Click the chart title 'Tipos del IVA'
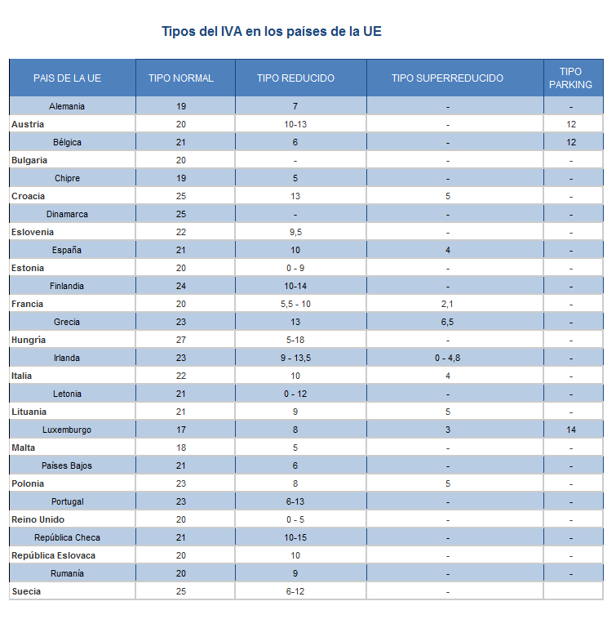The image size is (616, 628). point(271,32)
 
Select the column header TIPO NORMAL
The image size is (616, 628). point(181,78)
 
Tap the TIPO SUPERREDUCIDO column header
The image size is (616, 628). point(447,78)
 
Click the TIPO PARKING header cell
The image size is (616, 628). point(571,78)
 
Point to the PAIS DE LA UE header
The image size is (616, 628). point(67,78)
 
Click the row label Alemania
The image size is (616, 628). point(67,106)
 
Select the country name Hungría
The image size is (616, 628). point(29,340)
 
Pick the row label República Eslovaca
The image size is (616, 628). point(53,555)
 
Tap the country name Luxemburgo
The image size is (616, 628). point(67,430)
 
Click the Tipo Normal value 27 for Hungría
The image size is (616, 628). point(180,340)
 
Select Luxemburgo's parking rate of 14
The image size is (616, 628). point(571,430)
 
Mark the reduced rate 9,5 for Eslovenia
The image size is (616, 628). point(295,232)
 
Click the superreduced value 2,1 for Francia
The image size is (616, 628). point(447,304)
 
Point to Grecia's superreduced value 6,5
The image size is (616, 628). point(447,322)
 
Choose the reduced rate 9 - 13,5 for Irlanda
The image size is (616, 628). point(295,358)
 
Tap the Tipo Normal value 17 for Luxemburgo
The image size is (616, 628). point(180,430)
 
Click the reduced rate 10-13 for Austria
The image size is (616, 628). point(295,124)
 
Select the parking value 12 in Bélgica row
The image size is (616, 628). point(571,142)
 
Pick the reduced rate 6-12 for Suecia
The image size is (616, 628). point(295,591)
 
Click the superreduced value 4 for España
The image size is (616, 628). point(447,250)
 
